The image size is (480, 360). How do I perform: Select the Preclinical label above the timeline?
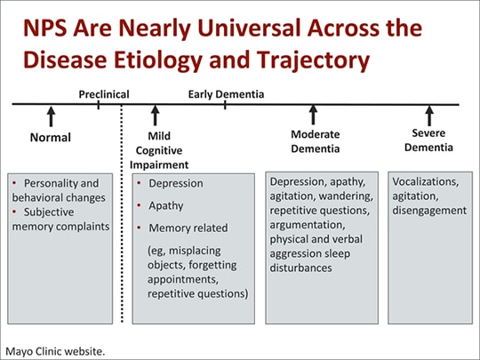coord(104,93)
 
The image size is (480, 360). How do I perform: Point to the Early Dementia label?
coord(226,93)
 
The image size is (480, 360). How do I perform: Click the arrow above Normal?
coord(51,116)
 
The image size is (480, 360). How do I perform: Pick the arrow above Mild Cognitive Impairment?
coord(156,116)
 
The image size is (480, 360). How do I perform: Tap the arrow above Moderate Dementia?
coord(313,116)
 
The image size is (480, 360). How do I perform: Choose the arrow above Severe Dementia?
coord(429,116)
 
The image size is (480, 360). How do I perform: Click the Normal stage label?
coord(50,138)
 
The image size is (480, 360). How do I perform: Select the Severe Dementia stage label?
coord(428,140)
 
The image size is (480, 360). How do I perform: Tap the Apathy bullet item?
coord(166,205)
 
